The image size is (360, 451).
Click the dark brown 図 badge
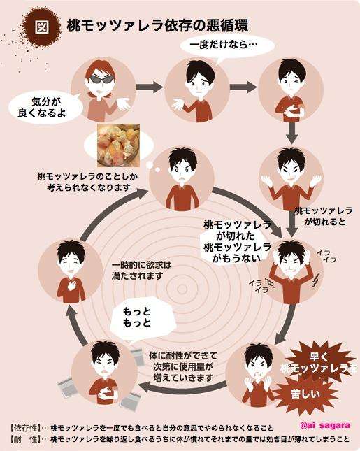pyautogui.click(x=42, y=27)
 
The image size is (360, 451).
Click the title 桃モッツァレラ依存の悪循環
pyautogui.click(x=157, y=26)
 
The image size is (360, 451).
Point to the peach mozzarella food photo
pyautogui.click(x=118, y=145)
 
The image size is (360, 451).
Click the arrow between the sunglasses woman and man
pyautogui.click(x=150, y=87)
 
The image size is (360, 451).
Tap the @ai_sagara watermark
pyautogui.click(x=325, y=425)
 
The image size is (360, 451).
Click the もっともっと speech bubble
pyautogui.click(x=142, y=318)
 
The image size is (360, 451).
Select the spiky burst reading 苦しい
pyautogui.click(x=306, y=394)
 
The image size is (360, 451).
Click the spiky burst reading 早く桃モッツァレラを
pyautogui.click(x=318, y=363)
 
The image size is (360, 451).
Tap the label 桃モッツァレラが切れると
pyautogui.click(x=324, y=216)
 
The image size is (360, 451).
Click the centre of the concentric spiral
pyautogui.click(x=182, y=289)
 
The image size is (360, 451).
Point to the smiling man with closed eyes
pyautogui.click(x=71, y=271)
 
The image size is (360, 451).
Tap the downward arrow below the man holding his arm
pyautogui.click(x=291, y=133)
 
